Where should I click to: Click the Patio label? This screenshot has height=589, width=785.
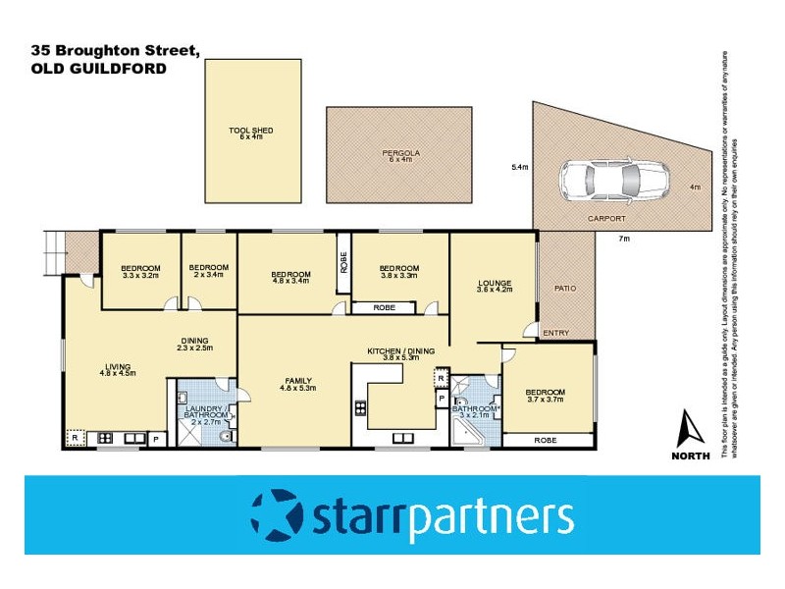click(566, 288)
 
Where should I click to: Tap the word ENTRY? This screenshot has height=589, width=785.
click(555, 333)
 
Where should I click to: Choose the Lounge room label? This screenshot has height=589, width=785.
click(495, 285)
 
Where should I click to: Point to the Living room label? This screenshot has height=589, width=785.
click(117, 368)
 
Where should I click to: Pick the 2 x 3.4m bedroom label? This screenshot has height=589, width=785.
click(208, 271)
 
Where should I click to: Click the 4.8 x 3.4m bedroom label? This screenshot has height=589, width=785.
click(290, 276)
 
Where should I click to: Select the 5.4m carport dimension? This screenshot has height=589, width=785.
click(520, 168)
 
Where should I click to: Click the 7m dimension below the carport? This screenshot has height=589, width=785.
click(623, 239)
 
